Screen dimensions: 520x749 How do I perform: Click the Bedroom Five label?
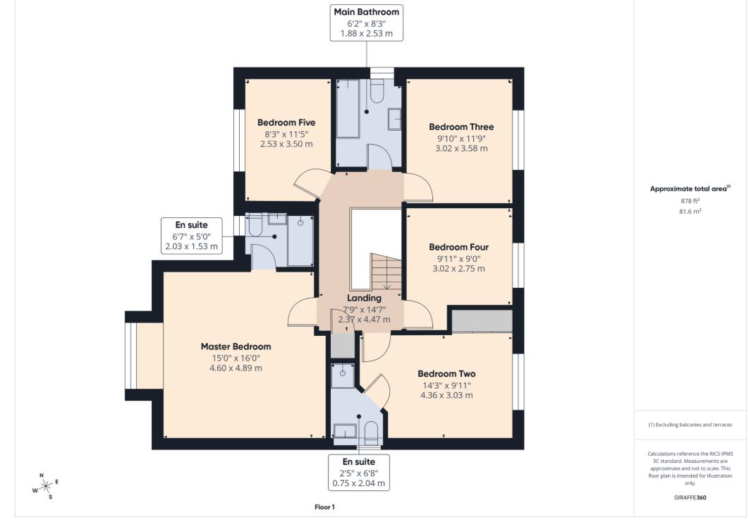click(x=286, y=123)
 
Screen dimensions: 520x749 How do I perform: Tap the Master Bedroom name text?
click(x=236, y=346)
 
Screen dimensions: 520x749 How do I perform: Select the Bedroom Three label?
click(x=461, y=127)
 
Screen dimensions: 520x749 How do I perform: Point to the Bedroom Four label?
click(x=458, y=248)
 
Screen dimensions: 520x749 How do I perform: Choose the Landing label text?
click(x=364, y=298)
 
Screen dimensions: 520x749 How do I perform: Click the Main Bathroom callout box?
click(x=366, y=23)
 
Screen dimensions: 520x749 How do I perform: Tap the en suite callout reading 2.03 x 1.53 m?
click(x=192, y=236)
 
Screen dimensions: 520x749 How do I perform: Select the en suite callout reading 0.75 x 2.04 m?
click(x=359, y=472)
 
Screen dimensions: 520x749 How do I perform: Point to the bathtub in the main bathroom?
click(x=347, y=109)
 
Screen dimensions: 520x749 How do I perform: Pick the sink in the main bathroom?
click(x=395, y=119)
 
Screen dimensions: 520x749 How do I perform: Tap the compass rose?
click(x=45, y=486)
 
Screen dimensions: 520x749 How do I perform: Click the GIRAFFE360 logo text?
click(x=690, y=497)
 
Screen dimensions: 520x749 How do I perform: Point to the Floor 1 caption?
click(x=324, y=507)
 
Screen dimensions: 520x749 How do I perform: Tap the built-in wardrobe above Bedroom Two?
click(x=481, y=321)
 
